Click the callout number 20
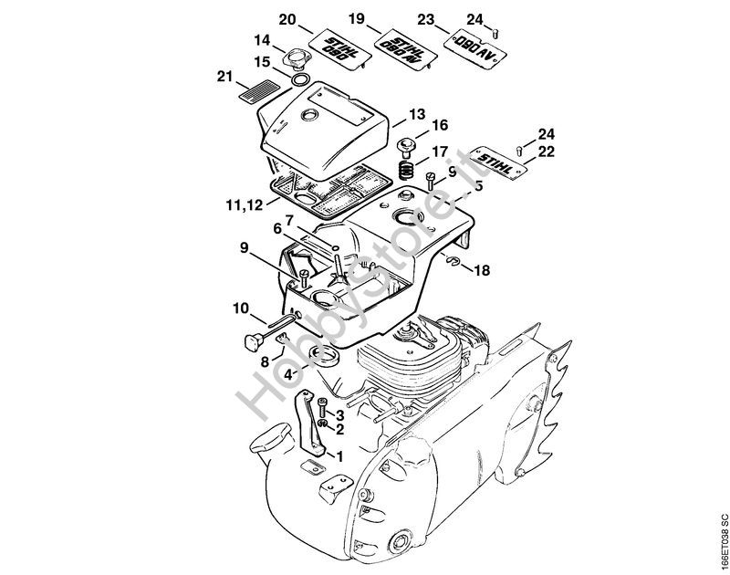287,20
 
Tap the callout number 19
357,19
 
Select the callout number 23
425,19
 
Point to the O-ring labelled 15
300,78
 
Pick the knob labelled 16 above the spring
405,146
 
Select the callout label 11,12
245,204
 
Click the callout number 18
482,270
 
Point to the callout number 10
241,308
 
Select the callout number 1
339,456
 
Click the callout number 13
417,114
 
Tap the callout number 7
288,219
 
